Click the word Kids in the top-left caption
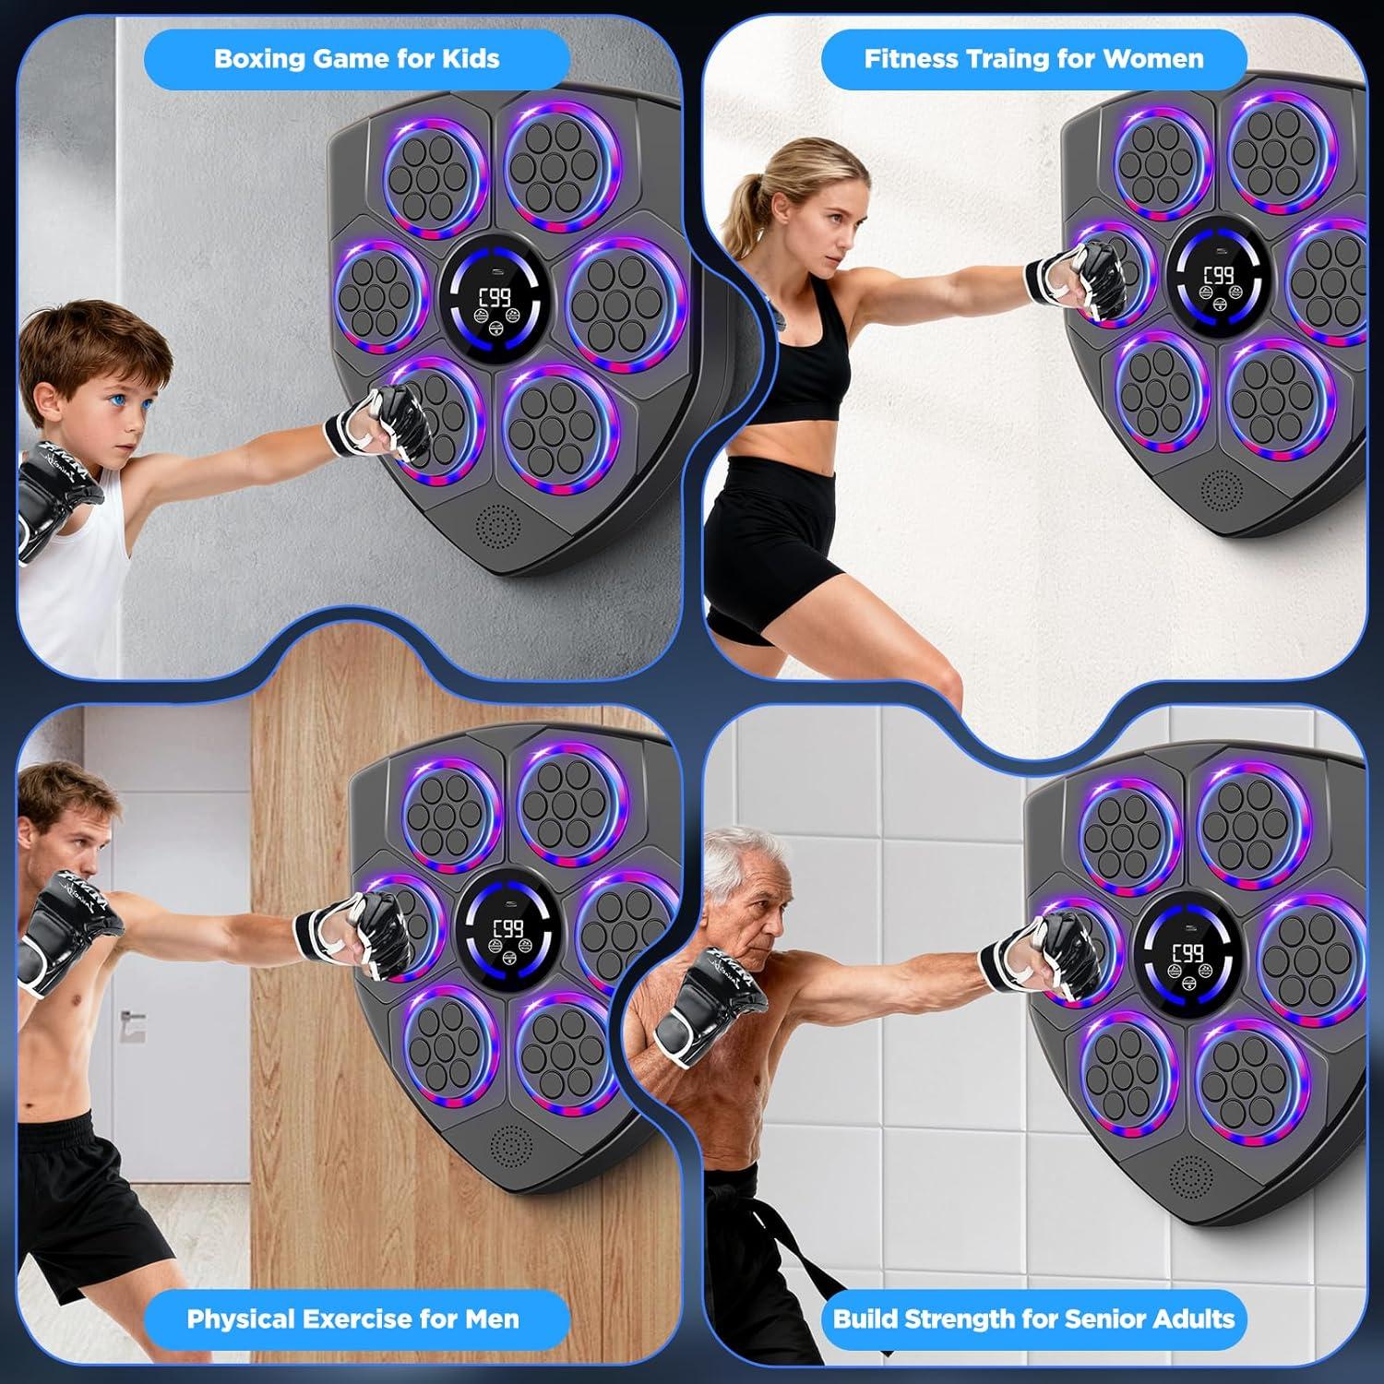point(471,59)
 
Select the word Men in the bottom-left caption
point(492,1318)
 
